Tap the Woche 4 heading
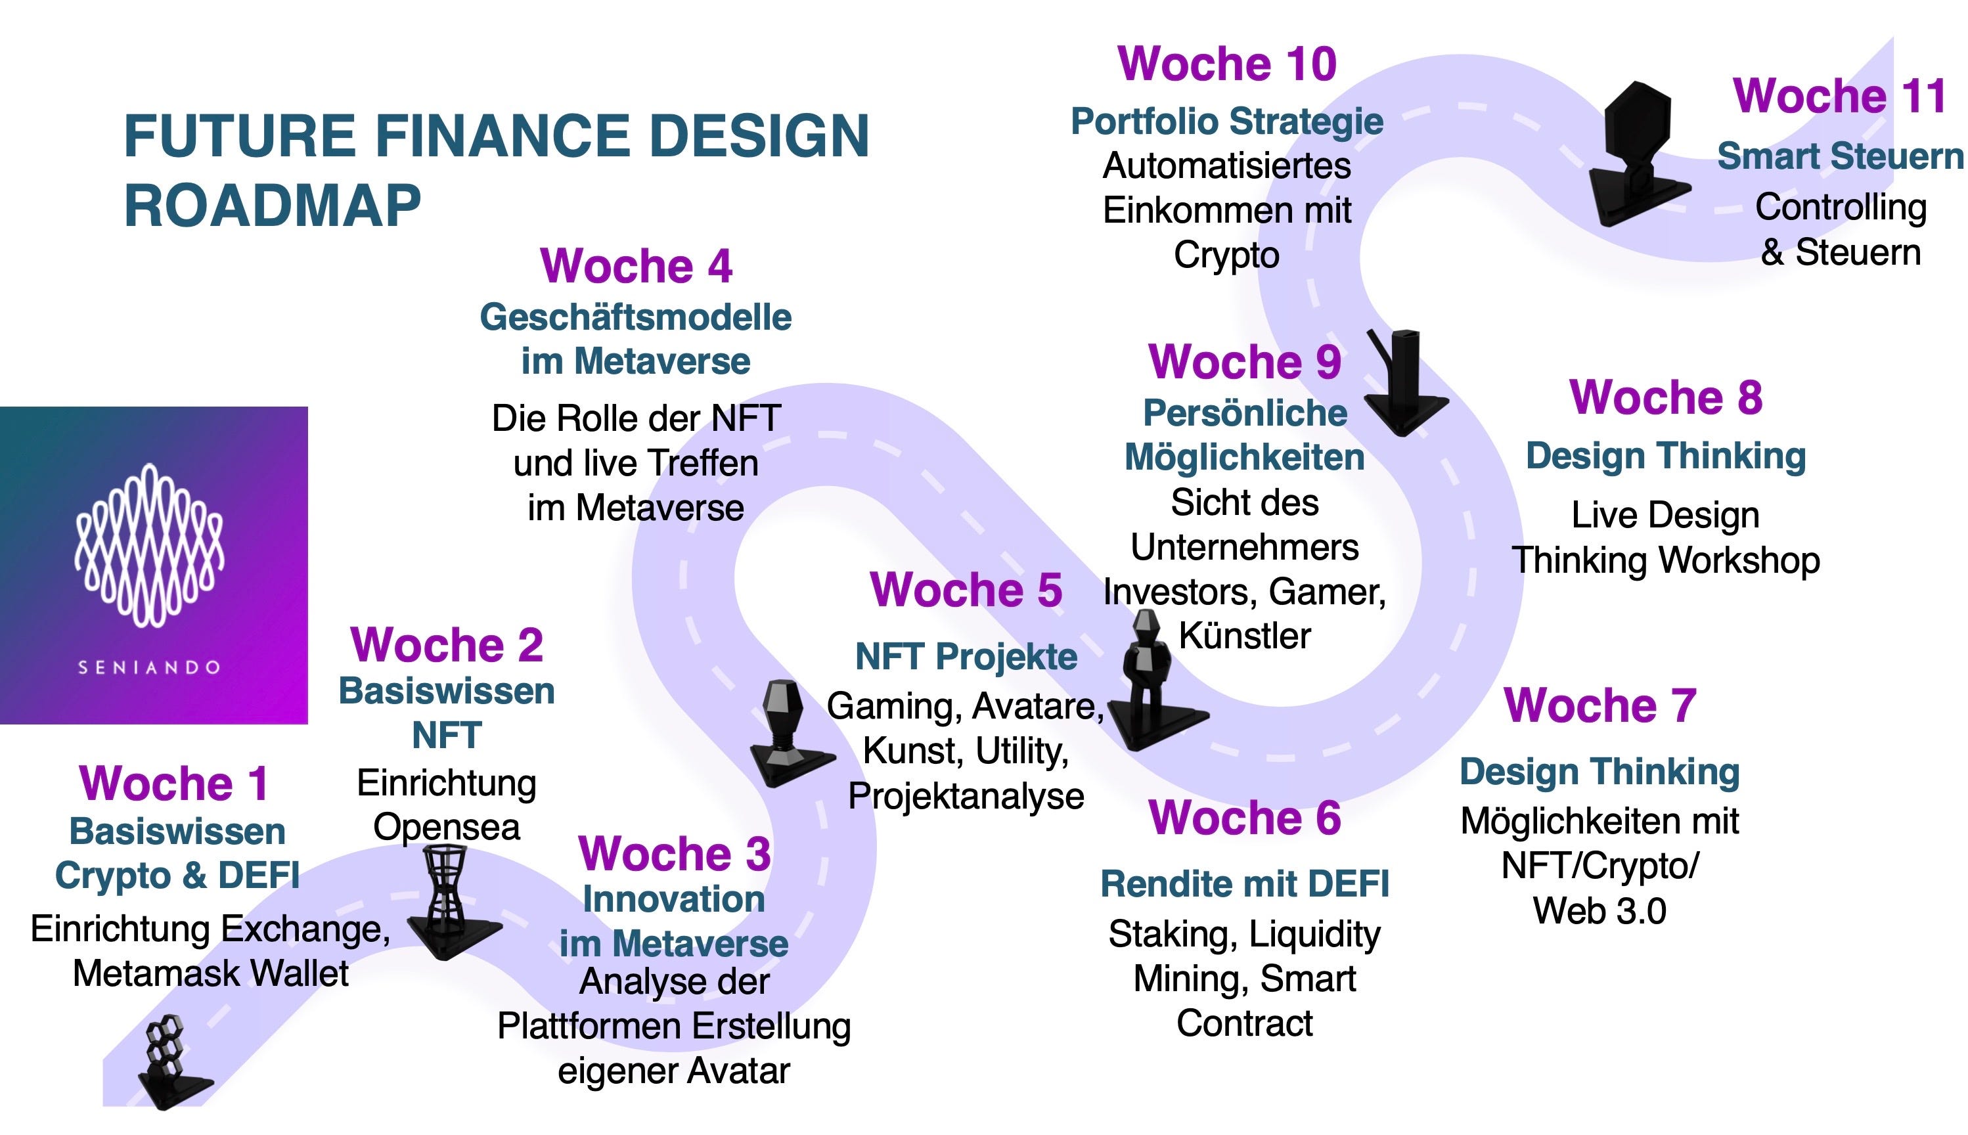click(x=636, y=266)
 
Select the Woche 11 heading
click(x=1840, y=96)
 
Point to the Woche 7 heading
click(x=1600, y=705)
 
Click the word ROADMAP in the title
click(x=273, y=206)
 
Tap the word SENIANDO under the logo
click(x=150, y=667)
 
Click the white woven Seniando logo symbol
click(x=150, y=546)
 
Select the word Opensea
click(x=447, y=827)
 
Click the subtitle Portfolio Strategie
click(x=1227, y=122)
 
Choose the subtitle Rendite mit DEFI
click(x=1245, y=884)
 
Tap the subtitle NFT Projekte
click(x=966, y=656)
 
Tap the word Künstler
click(x=1245, y=636)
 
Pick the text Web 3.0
click(x=1599, y=910)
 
